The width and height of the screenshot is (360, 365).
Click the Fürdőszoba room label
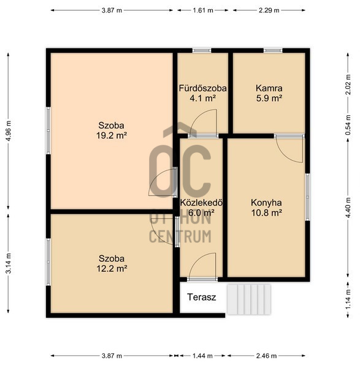(202, 88)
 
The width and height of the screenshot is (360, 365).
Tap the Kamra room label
(269, 88)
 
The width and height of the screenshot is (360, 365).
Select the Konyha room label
(266, 202)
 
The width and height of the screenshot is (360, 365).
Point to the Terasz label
(202, 297)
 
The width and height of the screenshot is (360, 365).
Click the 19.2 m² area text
(112, 135)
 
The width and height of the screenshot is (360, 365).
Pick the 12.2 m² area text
(112, 269)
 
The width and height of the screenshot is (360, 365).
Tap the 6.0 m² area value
(202, 212)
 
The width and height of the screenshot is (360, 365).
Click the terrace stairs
(249, 299)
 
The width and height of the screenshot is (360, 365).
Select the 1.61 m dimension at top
(202, 10)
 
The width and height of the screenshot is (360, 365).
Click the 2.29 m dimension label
(269, 10)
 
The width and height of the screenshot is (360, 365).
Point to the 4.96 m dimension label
(9, 131)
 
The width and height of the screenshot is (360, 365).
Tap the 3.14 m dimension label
(9, 263)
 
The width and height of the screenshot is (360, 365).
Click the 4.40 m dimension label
(348, 207)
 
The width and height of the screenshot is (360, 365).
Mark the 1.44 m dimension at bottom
(202, 356)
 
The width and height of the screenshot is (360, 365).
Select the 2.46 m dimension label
(266, 356)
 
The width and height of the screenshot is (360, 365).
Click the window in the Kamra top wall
(273, 50)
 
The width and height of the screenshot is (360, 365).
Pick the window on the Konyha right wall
(307, 197)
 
